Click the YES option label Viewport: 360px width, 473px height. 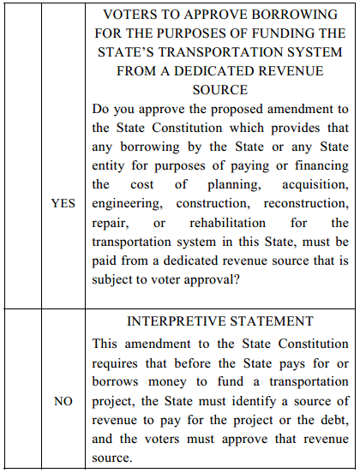coord(63,204)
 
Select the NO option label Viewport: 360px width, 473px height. coord(63,401)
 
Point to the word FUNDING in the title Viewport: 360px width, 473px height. coord(246,33)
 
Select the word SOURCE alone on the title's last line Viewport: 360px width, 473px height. coord(220,88)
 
